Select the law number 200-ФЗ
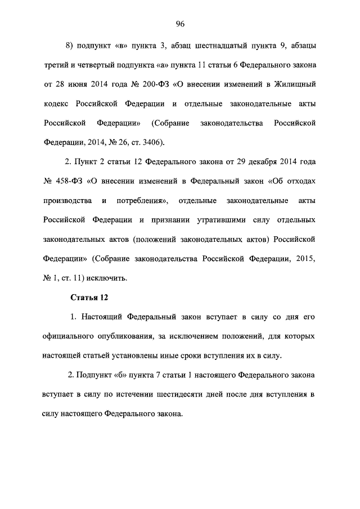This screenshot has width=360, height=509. pos(154,85)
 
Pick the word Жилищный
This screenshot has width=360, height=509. pos(294,85)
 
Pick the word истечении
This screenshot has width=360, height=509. pos(127,394)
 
